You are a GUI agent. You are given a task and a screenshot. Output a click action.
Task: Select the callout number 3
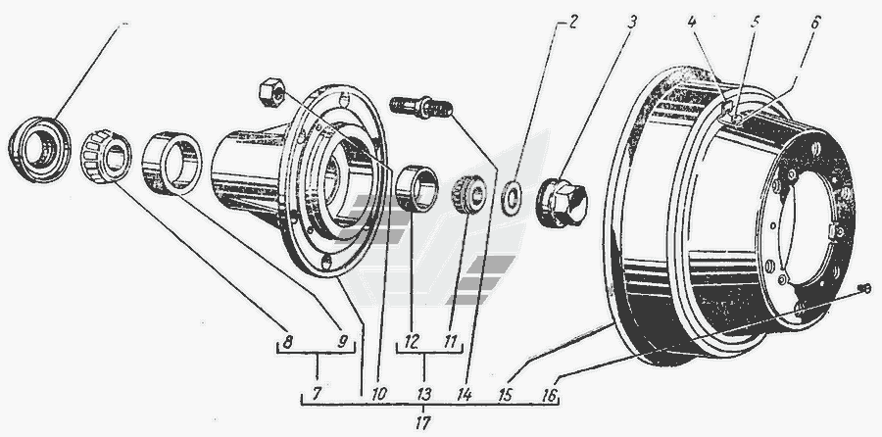tap(632, 24)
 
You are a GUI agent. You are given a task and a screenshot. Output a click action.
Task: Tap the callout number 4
tap(692, 23)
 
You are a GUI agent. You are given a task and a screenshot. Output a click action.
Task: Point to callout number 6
tap(815, 23)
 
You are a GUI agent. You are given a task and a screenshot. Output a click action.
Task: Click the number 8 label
tap(287, 342)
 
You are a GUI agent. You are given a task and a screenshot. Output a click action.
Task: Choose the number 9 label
tap(343, 342)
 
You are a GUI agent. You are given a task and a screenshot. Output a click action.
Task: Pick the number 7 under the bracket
tap(317, 394)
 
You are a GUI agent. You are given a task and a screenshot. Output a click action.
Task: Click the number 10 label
tap(378, 394)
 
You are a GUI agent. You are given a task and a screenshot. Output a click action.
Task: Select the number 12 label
tap(412, 342)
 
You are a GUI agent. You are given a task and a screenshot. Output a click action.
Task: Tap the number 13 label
tap(424, 394)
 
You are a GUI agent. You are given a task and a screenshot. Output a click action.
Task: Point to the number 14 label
tap(465, 394)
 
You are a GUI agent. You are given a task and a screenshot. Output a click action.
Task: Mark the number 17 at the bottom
tap(423, 423)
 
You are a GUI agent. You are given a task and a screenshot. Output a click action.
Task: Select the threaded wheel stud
tap(420, 107)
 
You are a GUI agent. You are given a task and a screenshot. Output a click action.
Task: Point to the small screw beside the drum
tap(864, 288)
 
